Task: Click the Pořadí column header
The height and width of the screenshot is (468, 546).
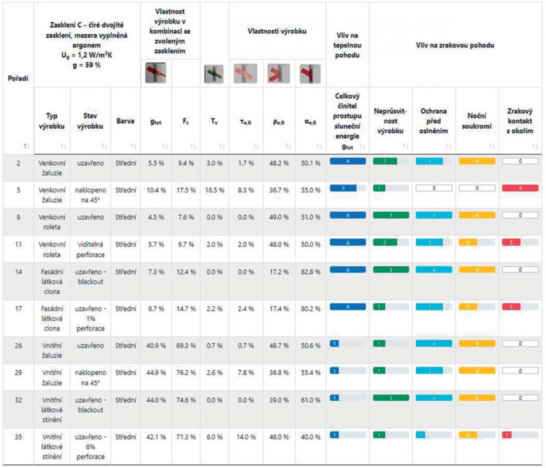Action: [x=18, y=78]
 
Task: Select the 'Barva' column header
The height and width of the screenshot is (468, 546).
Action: [x=125, y=121]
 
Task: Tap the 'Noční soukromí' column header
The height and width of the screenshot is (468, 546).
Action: [x=476, y=121]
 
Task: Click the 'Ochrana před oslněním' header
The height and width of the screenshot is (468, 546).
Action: [x=433, y=121]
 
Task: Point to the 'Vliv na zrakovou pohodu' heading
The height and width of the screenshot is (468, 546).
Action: [x=455, y=45]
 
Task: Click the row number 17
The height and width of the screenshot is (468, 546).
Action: [x=18, y=308]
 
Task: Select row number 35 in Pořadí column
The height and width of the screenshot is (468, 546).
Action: [x=18, y=437]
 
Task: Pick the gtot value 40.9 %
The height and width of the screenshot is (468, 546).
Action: [x=156, y=345]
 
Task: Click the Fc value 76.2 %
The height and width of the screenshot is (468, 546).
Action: [x=186, y=373]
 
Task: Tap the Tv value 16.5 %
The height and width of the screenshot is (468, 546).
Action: [x=214, y=190]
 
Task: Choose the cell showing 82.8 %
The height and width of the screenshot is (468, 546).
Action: [x=310, y=272]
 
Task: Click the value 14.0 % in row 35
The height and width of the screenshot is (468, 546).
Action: [x=246, y=437]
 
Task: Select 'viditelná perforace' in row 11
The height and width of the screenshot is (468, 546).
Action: [x=90, y=250]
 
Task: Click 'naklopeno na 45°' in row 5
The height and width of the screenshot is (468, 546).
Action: [x=90, y=195]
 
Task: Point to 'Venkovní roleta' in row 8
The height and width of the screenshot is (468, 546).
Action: [x=52, y=222]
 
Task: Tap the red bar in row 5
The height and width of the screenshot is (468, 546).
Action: [x=520, y=188]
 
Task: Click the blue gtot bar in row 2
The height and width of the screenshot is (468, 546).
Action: [x=347, y=161]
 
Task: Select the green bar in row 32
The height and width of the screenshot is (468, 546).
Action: [x=391, y=398]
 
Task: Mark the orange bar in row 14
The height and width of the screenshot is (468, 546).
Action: [x=476, y=270]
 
